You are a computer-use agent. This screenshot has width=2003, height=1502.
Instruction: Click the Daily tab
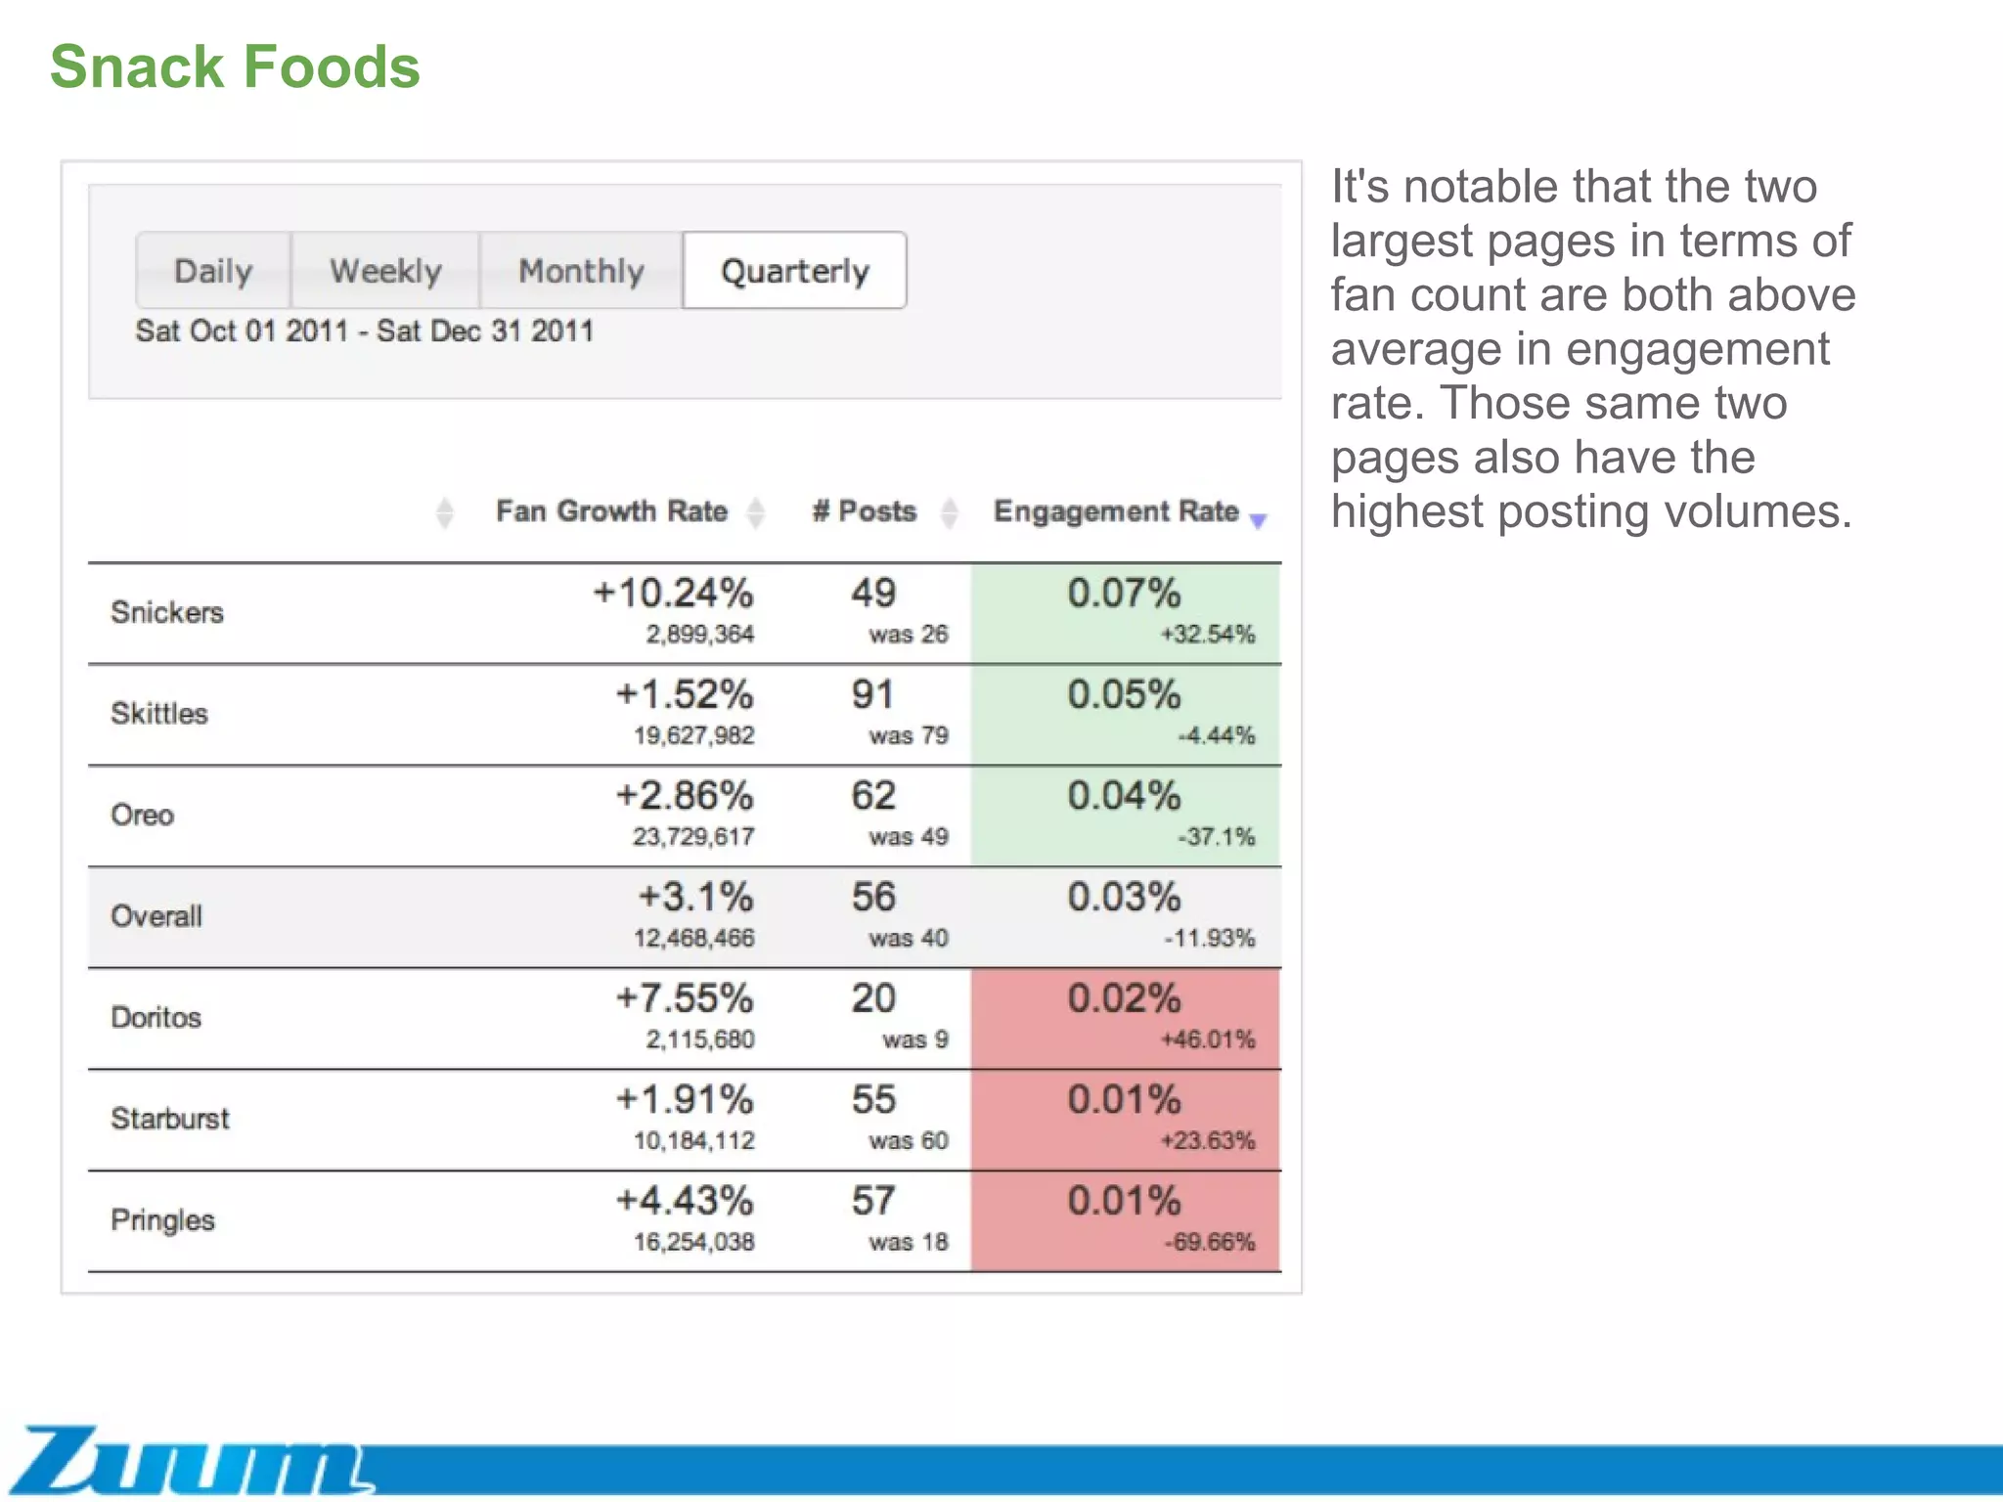212,271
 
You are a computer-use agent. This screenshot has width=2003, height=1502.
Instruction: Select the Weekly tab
385,271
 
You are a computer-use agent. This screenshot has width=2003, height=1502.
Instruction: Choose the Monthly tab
581,271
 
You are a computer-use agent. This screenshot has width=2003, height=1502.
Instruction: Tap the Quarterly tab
794,271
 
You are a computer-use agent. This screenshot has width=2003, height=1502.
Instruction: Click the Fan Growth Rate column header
611,511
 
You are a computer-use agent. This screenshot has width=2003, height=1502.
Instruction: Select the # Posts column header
865,511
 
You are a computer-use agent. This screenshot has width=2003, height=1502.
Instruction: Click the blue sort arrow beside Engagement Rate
1259,521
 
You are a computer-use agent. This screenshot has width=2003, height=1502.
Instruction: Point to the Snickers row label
167,613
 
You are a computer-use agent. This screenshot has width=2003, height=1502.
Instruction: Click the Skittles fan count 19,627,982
693,735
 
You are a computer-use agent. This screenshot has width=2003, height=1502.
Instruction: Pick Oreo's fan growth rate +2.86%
685,796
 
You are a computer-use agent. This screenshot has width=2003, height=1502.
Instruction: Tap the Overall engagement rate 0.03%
1124,898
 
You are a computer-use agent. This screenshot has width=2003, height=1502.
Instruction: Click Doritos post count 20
873,998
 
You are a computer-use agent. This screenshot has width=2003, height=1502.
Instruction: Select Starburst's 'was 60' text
909,1141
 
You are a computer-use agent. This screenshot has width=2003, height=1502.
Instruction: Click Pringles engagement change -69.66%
1209,1243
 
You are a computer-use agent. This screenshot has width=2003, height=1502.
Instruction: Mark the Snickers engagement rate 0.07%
1124,594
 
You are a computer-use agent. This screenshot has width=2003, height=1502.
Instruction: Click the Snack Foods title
235,66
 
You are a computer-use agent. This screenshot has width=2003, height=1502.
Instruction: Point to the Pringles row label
162,1220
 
